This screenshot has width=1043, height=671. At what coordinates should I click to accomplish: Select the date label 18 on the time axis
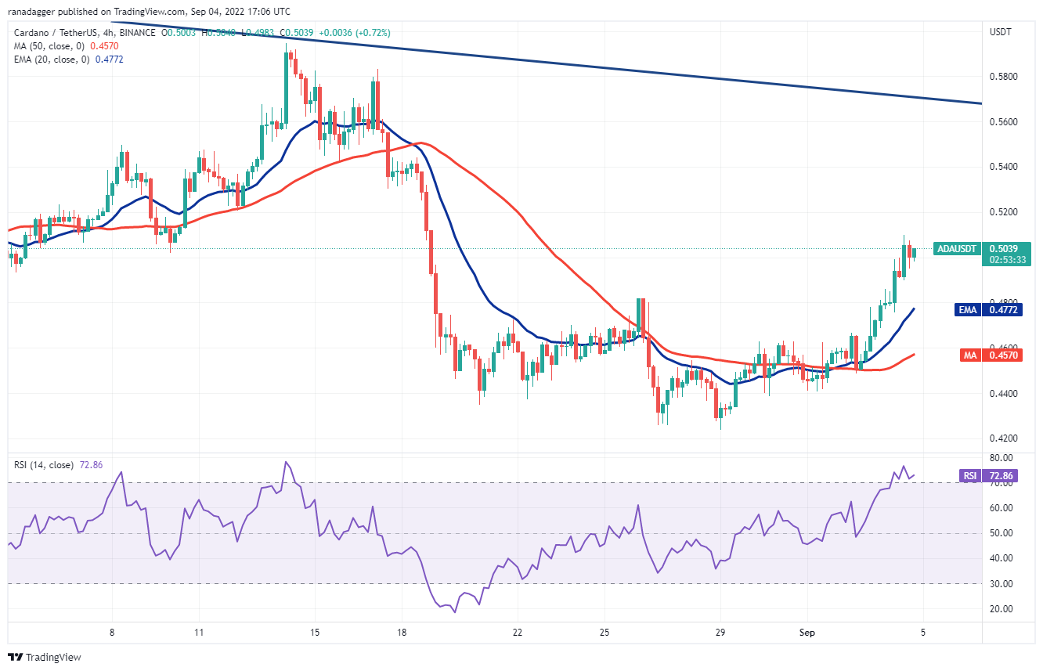click(401, 632)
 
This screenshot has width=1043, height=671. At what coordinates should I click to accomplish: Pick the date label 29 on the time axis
click(722, 632)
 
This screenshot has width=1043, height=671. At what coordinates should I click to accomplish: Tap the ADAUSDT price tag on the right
click(957, 249)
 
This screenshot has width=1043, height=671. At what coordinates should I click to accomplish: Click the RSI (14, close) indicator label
click(45, 465)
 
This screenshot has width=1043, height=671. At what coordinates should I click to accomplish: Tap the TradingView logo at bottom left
click(45, 657)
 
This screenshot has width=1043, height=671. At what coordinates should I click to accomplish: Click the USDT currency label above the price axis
click(1001, 32)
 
